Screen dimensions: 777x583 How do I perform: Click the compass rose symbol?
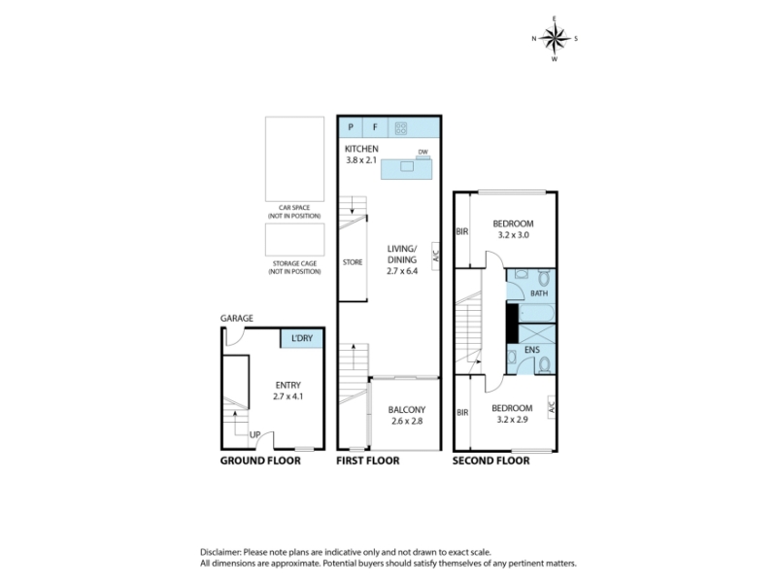coord(555,38)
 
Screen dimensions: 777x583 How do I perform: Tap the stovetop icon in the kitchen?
coord(401,129)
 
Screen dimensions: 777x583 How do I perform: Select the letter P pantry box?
coord(351,127)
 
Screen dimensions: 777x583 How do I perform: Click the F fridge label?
coord(375,127)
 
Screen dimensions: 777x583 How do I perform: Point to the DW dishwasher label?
coord(422,153)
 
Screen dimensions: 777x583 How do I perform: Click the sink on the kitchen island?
coord(407,166)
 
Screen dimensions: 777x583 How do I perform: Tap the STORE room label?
coord(353,262)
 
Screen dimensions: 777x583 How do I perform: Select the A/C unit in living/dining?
coord(435,256)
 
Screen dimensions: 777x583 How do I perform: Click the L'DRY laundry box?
coord(302,338)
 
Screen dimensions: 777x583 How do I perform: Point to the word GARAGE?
coord(237,319)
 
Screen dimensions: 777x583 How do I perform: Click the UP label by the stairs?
coord(254,434)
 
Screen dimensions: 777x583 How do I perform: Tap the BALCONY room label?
coord(407,410)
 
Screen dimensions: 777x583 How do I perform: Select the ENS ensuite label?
coord(531,350)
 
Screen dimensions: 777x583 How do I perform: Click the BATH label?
coord(539,293)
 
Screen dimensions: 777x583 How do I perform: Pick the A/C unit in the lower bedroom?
coord(552,407)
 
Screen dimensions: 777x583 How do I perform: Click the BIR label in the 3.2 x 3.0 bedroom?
coord(462,231)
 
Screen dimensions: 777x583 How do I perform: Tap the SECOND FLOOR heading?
coord(491,461)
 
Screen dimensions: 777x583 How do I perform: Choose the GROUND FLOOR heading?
coord(260,461)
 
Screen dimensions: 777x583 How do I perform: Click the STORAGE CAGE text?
coord(294,263)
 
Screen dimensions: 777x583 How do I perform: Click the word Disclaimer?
coord(220,552)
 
